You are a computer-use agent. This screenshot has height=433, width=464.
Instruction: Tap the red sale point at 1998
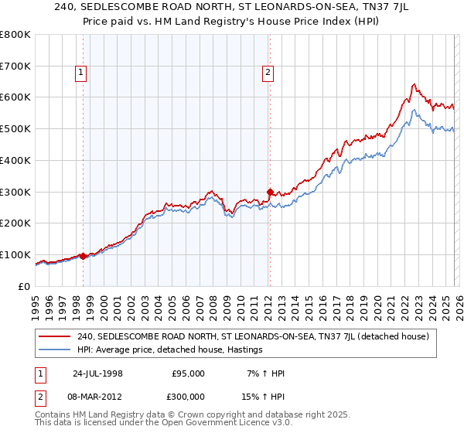84,256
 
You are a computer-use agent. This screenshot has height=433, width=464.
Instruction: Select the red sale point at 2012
270,192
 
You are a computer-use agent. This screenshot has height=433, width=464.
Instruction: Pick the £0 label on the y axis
23,286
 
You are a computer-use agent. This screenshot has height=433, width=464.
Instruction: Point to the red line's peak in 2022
415,84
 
